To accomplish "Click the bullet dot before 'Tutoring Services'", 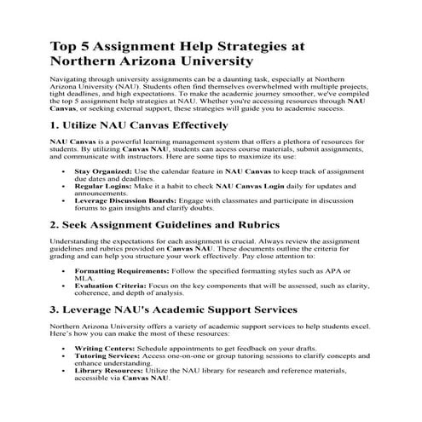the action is pos(66,356).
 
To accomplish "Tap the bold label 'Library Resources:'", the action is pos(111,373).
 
